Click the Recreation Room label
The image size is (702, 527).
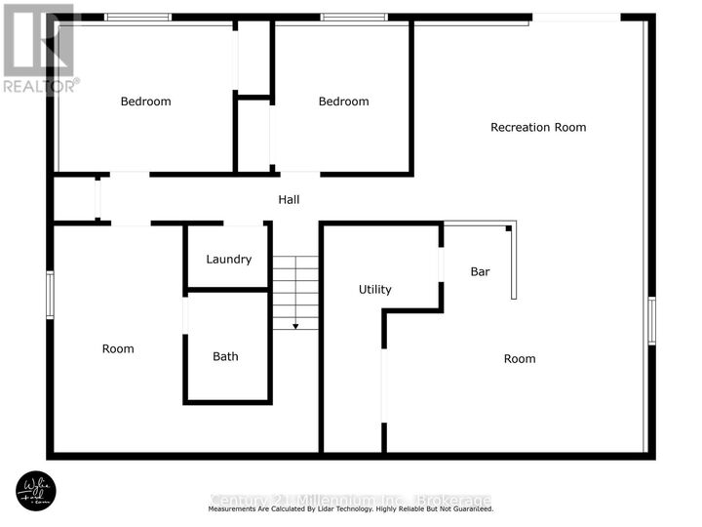click(538, 127)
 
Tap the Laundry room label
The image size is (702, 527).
click(228, 259)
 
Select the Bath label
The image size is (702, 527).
click(225, 356)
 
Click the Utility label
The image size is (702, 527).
click(375, 289)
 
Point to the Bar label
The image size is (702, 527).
click(480, 271)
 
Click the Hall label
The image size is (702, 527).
click(289, 199)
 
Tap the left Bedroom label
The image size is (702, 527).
click(145, 101)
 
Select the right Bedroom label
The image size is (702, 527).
click(343, 101)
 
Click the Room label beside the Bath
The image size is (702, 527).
click(118, 348)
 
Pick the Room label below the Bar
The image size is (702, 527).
click(520, 358)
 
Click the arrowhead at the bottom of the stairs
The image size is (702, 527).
click(295, 326)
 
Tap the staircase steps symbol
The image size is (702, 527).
click(295, 291)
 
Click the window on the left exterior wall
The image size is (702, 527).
click(50, 295)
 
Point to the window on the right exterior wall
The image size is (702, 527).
click(652, 321)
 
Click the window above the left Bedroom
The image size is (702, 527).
click(137, 17)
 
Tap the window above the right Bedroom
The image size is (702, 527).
click(354, 17)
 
